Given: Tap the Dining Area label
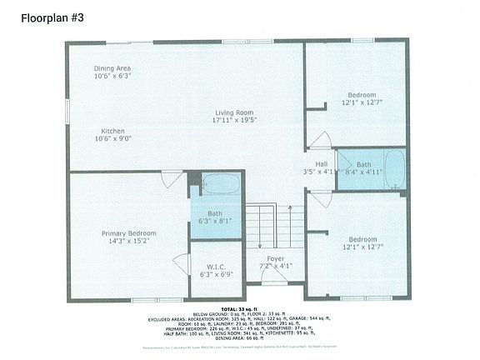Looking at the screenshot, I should (x=112, y=67).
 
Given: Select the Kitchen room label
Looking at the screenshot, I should (x=113, y=131).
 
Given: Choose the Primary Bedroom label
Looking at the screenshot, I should (x=129, y=233).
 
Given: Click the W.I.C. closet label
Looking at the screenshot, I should (x=217, y=267).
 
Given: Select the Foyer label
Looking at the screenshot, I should (x=275, y=258).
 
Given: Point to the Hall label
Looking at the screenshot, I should (x=321, y=163).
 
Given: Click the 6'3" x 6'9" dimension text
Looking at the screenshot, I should (x=217, y=274).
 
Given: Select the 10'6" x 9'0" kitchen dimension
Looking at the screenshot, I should (x=113, y=139).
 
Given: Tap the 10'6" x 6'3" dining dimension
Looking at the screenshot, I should (x=112, y=76).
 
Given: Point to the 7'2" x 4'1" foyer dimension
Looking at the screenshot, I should (x=275, y=267).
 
